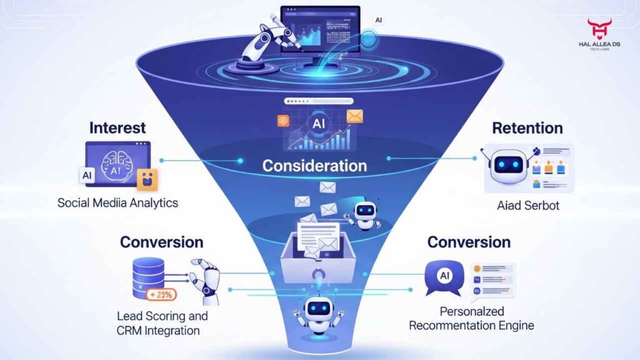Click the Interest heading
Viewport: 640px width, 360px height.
(117, 128)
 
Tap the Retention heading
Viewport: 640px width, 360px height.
(527, 128)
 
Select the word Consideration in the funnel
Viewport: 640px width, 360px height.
(314, 166)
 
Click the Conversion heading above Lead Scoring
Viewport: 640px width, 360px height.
(161, 242)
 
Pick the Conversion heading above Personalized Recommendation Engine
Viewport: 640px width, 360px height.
(468, 242)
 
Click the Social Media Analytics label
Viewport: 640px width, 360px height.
(117, 202)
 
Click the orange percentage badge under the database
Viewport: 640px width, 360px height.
(161, 294)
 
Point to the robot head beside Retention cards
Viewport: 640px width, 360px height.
(507, 164)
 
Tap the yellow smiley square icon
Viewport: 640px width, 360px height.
(148, 179)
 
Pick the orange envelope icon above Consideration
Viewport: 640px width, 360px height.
(355, 116)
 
